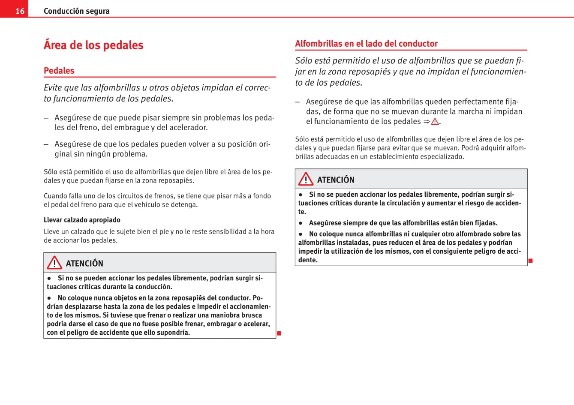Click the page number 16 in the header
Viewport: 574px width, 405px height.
point(20,11)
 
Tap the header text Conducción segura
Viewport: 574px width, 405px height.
point(76,11)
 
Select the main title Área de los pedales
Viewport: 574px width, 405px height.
point(93,45)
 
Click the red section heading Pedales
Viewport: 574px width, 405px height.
point(59,71)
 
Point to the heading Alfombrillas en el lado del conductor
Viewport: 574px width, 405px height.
point(366,43)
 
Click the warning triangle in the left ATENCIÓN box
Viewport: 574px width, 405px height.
point(54,262)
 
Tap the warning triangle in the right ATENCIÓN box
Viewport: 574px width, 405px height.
point(306,179)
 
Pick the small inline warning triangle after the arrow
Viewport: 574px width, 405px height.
point(435,122)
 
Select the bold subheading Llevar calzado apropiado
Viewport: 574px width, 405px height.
point(82,220)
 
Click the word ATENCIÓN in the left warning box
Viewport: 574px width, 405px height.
point(84,264)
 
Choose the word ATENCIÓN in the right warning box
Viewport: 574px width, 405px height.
point(336,180)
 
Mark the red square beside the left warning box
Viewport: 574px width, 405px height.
point(279,333)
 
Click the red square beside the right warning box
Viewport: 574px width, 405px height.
point(530,261)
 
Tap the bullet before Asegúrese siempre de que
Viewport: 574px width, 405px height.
point(301,223)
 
